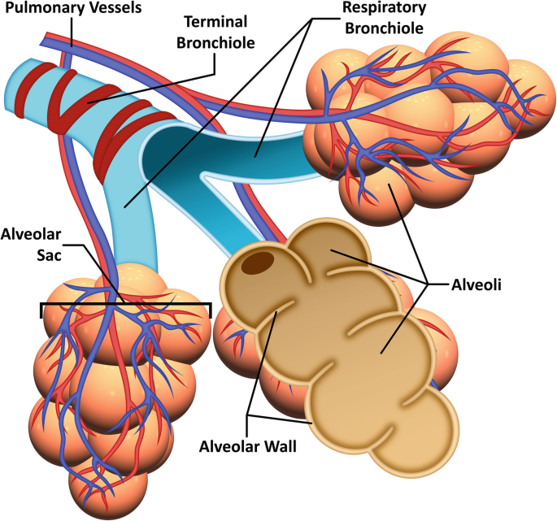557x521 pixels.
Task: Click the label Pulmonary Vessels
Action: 71,8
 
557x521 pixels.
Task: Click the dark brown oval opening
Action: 259,263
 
